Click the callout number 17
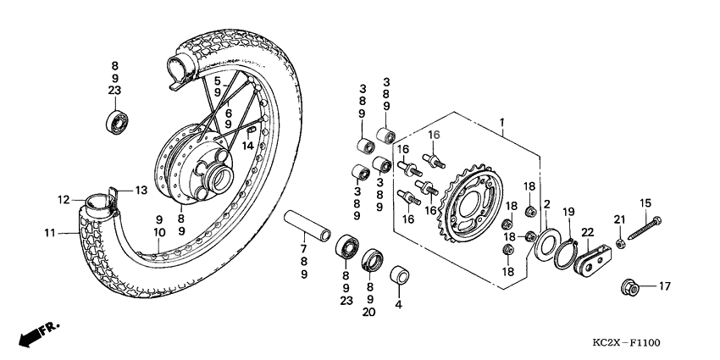pyautogui.click(x=663, y=285)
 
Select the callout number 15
pyautogui.click(x=645, y=202)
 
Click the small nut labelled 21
pyautogui.click(x=620, y=244)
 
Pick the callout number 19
pyautogui.click(x=569, y=211)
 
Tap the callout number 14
pyautogui.click(x=248, y=146)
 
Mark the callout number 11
pyautogui.click(x=49, y=233)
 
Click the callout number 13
pyautogui.click(x=141, y=190)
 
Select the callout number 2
pyautogui.click(x=547, y=204)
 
